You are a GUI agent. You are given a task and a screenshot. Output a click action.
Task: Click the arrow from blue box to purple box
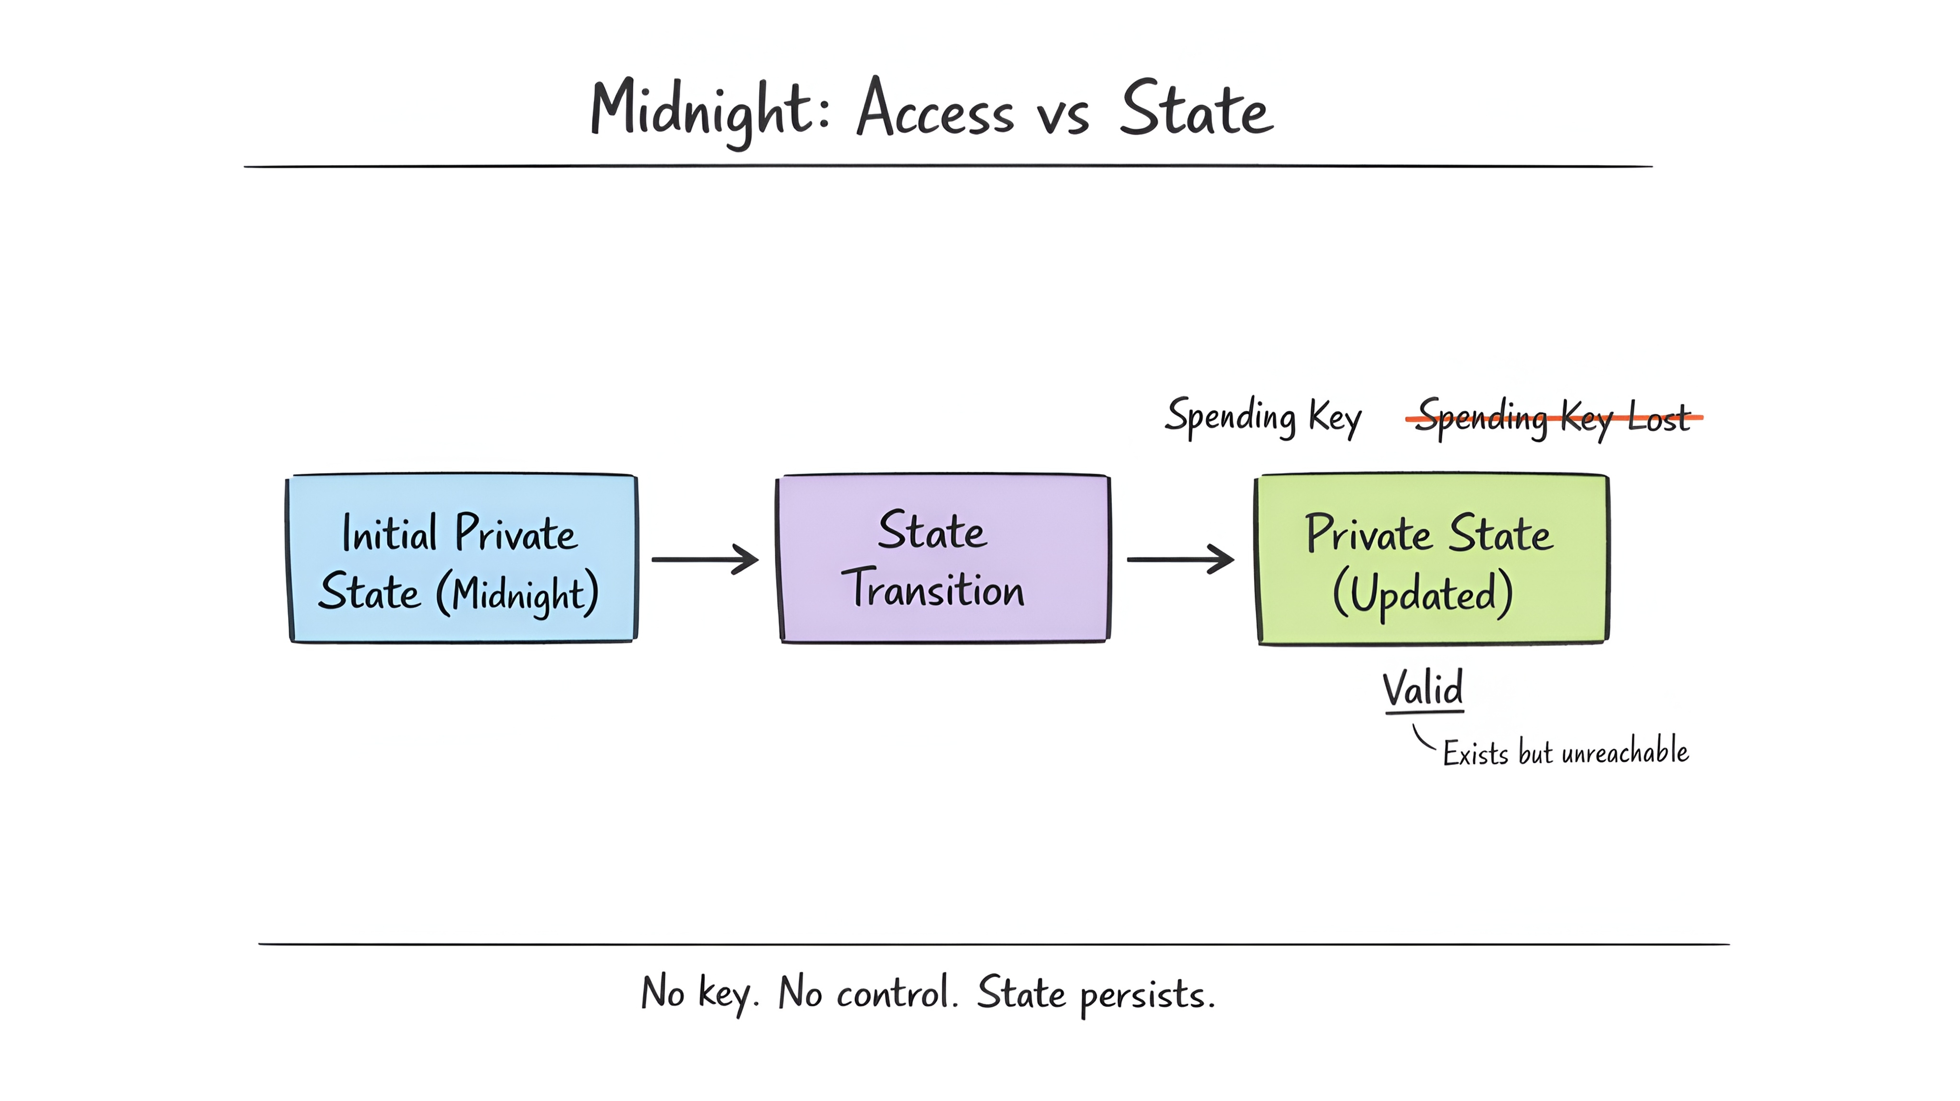[705, 559]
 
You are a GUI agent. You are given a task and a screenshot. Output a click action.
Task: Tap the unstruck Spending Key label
[1263, 417]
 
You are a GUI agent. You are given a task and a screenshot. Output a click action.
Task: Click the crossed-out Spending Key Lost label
[1552, 417]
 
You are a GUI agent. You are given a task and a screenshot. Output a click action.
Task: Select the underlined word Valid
[1422, 689]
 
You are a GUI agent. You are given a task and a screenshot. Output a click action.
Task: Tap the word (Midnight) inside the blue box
[517, 594]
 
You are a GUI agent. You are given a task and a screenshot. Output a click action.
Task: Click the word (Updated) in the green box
[1422, 594]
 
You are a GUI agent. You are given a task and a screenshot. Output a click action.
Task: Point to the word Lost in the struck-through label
[1658, 417]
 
